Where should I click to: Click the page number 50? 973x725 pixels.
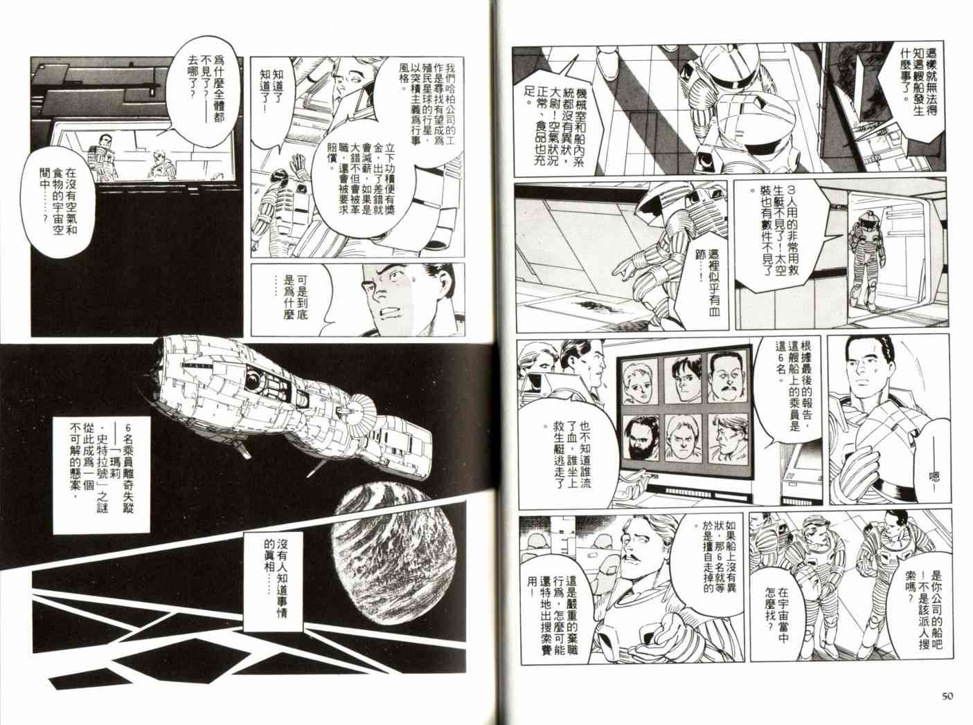tap(947, 696)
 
